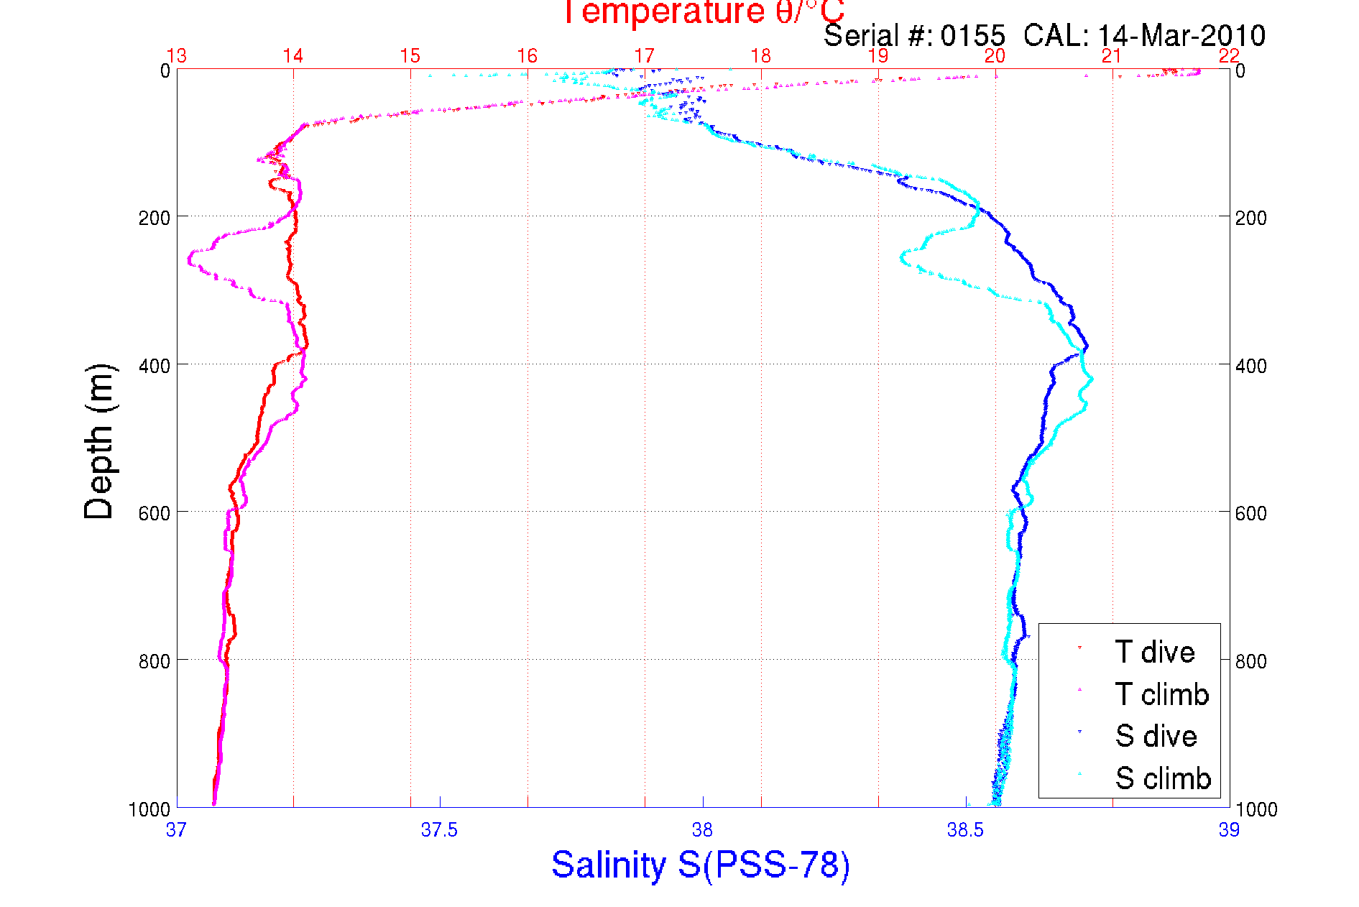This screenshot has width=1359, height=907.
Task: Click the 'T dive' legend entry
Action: pos(1154,652)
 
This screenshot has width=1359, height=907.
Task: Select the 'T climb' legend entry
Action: pos(1161,694)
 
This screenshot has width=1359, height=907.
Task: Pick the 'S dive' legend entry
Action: pos(1156,736)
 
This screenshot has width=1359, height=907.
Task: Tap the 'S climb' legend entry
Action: pos(1163,778)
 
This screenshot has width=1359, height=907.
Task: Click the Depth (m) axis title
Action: pos(99,441)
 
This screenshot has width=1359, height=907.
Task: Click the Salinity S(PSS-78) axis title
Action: pos(701,865)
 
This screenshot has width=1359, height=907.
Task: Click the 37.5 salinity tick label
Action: pos(439,830)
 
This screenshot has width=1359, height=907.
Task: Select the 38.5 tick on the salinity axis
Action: pos(965,830)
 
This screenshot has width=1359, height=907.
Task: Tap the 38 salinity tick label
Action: pos(702,830)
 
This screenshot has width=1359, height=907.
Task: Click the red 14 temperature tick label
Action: pos(293,56)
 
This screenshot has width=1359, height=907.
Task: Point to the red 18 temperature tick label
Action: pos(761,56)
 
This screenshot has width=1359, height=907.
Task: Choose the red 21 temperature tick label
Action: pos(1112,56)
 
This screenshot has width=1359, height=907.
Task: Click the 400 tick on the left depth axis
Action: pos(154,366)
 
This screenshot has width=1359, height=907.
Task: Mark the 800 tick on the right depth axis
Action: pos(1250,661)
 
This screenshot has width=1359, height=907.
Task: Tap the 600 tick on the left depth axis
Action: pos(154,513)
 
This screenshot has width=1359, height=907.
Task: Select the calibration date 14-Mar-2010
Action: pos(1181,36)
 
